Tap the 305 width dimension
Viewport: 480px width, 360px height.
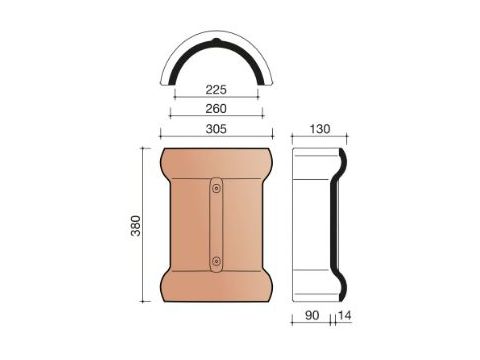[216, 128]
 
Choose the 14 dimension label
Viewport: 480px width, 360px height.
[346, 317]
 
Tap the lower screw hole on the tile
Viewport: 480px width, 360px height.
[216, 262]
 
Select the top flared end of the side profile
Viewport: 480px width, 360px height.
[341, 160]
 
